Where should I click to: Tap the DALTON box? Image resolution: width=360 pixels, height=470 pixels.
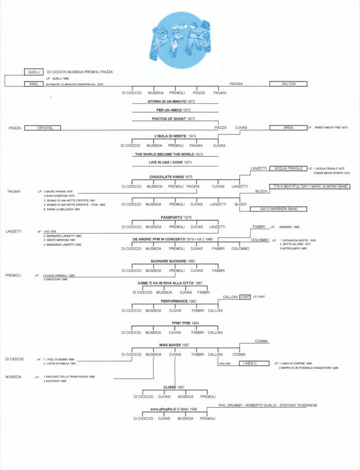288,83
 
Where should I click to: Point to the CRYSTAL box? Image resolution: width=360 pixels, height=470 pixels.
42,127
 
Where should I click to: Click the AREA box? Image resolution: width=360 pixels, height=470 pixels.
288,127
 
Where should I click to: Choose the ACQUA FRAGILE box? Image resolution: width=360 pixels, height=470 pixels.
287,169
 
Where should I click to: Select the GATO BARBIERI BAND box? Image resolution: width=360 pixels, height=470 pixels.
278,209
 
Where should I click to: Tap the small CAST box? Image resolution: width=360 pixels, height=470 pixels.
245,297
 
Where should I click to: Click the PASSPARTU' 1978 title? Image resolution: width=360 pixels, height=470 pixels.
176,217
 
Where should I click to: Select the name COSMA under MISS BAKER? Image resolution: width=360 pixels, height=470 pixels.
239,355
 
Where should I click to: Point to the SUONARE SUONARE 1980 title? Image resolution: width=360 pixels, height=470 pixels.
173,261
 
